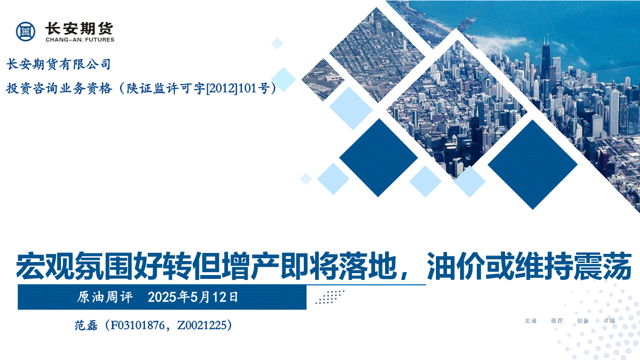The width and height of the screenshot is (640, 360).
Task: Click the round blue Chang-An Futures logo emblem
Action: coord(26,31)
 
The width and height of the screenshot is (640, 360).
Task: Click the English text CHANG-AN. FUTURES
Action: coord(80,40)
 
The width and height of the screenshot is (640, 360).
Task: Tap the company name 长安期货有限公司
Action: coord(59,64)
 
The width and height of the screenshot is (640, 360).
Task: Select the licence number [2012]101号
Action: coord(238,88)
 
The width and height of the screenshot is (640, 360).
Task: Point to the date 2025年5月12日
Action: coord(193,297)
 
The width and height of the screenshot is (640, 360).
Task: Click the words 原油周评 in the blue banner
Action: coord(105,297)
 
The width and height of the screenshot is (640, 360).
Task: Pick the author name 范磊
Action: coord(86,325)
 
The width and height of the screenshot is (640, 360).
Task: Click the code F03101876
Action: coord(137,325)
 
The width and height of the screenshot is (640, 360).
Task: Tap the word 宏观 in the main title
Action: coord(45,266)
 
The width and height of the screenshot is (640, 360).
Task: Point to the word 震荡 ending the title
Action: coord(602,266)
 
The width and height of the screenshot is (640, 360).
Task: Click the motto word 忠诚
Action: coord(531,321)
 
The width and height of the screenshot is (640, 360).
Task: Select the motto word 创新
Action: coord(583,321)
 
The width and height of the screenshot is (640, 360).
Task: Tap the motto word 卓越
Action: coord(609,321)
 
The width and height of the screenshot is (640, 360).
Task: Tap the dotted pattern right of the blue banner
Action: coord(330,297)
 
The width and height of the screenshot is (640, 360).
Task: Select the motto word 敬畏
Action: coord(557,321)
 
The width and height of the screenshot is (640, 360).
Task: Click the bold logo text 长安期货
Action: coord(79,29)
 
